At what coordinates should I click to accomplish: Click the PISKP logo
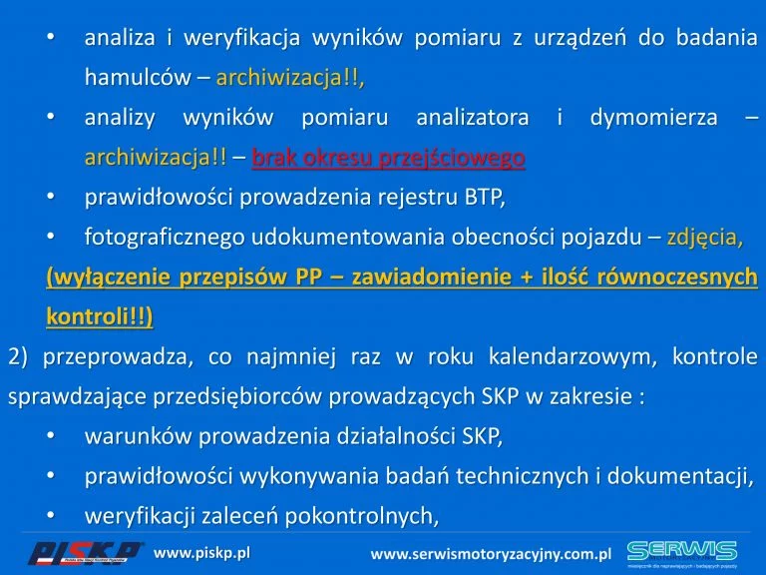pyautogui.click(x=85, y=553)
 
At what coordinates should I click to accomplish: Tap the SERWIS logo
pyautogui.click(x=682, y=554)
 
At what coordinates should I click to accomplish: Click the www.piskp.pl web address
pyautogui.click(x=201, y=553)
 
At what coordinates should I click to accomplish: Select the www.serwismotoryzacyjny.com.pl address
pyautogui.click(x=491, y=554)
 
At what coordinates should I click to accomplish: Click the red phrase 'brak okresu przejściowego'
pyautogui.click(x=388, y=158)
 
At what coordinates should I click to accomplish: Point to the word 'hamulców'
pyautogui.click(x=138, y=77)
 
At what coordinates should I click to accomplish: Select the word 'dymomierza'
pyautogui.click(x=653, y=118)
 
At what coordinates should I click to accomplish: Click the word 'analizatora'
pyautogui.click(x=473, y=118)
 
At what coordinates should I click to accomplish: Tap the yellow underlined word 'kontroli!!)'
pyautogui.click(x=100, y=316)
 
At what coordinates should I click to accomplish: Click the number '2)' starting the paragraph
pyautogui.click(x=18, y=356)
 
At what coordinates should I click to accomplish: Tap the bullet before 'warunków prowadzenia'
pyautogui.click(x=51, y=435)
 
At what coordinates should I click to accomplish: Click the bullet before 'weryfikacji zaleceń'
pyautogui.click(x=51, y=515)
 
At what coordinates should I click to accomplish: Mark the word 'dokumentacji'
pyautogui.click(x=677, y=476)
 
